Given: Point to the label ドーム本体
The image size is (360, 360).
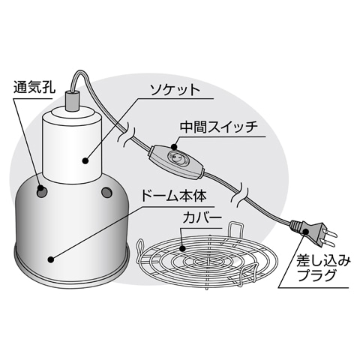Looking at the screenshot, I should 175,199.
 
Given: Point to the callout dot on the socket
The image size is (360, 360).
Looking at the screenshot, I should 83,159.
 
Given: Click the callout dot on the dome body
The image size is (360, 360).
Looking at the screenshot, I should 50,259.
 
